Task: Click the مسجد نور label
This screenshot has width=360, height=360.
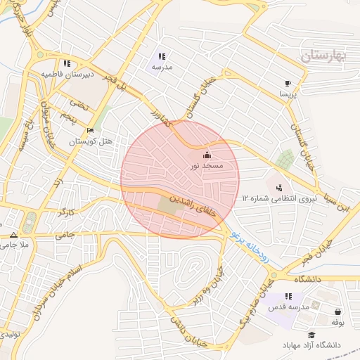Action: (207, 166)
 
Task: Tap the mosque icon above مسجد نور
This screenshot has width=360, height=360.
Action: (206, 155)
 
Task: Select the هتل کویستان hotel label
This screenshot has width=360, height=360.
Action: (91, 141)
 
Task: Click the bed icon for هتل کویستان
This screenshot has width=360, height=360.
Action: (89, 131)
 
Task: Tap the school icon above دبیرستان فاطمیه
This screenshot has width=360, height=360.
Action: (67, 63)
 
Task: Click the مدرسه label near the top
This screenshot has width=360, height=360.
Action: (162, 67)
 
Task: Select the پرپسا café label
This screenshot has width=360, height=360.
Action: (289, 93)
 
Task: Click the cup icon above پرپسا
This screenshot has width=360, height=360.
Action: (288, 82)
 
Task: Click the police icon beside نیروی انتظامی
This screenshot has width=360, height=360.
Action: (280, 188)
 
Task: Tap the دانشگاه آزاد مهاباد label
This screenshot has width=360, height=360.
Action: (311, 345)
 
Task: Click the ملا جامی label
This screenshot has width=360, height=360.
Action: (13, 245)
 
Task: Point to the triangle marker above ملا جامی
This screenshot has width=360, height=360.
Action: (13, 235)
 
